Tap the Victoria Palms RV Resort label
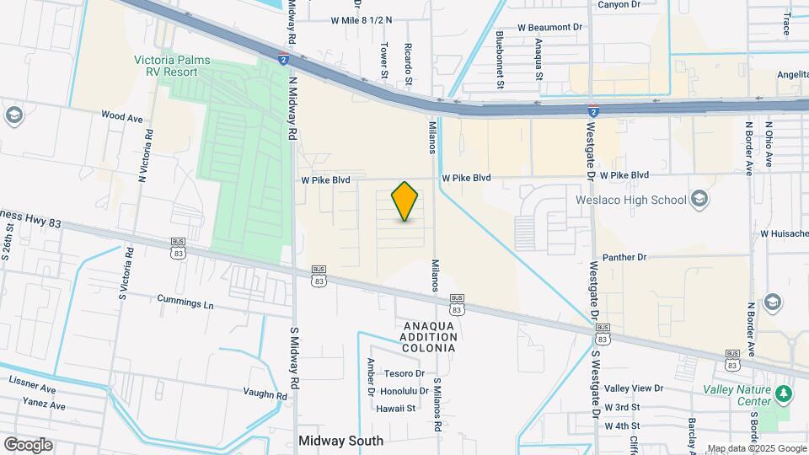coord(172,67)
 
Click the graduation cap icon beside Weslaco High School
coord(699,199)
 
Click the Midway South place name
coord(341,441)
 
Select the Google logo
coord(28,445)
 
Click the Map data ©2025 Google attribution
coord(757,449)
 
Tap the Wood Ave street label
coord(122,118)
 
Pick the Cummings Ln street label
coord(185,299)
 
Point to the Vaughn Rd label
coord(265,394)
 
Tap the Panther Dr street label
coord(624,257)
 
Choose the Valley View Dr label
coord(634,388)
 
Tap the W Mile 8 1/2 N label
coord(362,19)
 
